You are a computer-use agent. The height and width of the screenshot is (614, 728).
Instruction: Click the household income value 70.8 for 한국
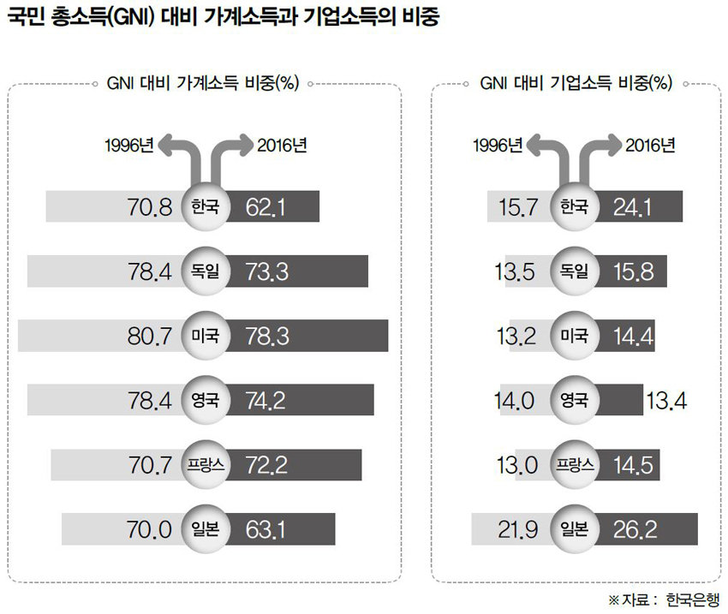[x=149, y=206]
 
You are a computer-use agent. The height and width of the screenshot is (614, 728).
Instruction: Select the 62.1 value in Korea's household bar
[x=263, y=206]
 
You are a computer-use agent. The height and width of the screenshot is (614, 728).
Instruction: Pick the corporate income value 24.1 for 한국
[x=635, y=206]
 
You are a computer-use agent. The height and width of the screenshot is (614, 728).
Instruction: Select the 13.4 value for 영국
[x=671, y=400]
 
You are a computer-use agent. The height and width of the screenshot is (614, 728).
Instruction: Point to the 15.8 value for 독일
[x=635, y=271]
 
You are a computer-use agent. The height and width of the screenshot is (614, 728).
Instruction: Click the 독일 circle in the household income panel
[x=206, y=271]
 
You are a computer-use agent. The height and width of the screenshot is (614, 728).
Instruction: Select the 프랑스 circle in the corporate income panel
[x=575, y=465]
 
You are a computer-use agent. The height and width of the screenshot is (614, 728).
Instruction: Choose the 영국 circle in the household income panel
[x=206, y=400]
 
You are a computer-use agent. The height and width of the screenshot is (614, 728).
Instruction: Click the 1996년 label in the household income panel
[x=128, y=144]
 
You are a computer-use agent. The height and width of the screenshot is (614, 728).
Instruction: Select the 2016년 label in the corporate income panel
[x=650, y=144]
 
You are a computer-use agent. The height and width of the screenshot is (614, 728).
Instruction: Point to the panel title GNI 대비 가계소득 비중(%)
[x=203, y=84]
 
